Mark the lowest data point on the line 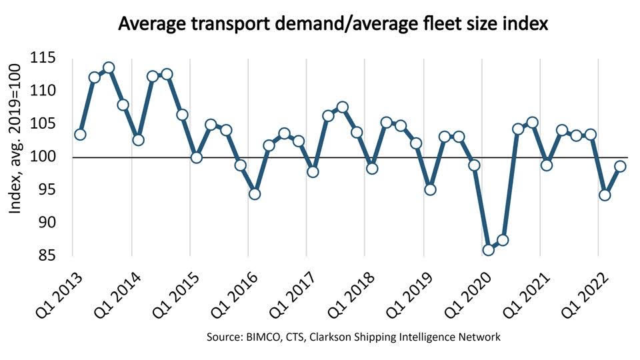pyautogui.click(x=489, y=250)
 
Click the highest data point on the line pyautogui.click(x=109, y=67)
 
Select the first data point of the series pyautogui.click(x=80, y=135)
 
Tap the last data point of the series pyautogui.click(x=619, y=167)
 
